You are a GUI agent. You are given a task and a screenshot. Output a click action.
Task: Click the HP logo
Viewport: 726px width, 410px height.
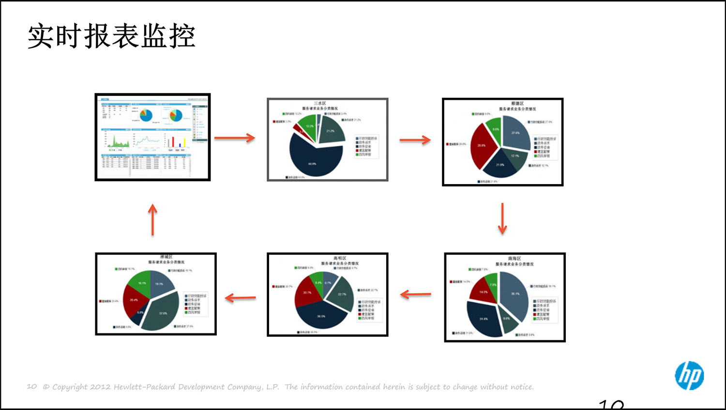click(x=689, y=376)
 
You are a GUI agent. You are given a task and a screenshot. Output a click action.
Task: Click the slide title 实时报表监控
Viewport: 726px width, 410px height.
click(x=111, y=36)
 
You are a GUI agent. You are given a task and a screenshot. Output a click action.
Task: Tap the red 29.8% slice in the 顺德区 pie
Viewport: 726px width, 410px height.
click(x=482, y=145)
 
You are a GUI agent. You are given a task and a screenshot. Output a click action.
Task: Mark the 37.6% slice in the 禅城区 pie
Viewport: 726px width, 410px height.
click(x=162, y=313)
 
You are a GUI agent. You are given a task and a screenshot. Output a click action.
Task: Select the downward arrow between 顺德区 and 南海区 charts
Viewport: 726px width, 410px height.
click(x=502, y=219)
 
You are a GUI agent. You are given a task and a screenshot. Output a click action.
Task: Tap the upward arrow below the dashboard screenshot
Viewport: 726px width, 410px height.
click(x=152, y=220)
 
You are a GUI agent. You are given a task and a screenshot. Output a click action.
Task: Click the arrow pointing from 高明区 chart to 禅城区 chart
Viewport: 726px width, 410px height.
click(x=241, y=298)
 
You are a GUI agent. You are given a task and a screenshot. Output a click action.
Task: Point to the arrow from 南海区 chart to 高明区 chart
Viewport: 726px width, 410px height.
click(x=415, y=294)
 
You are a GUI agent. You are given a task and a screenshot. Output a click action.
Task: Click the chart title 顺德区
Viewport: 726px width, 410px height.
click(x=517, y=103)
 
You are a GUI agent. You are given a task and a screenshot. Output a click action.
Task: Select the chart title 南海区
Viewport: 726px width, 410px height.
click(x=514, y=258)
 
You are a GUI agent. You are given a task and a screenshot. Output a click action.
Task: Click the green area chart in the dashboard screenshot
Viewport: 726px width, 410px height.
click(x=117, y=142)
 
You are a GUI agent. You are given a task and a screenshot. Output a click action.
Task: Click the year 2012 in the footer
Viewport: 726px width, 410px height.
click(x=100, y=387)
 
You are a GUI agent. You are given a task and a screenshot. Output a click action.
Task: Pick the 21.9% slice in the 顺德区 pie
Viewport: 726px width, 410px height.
click(x=500, y=166)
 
